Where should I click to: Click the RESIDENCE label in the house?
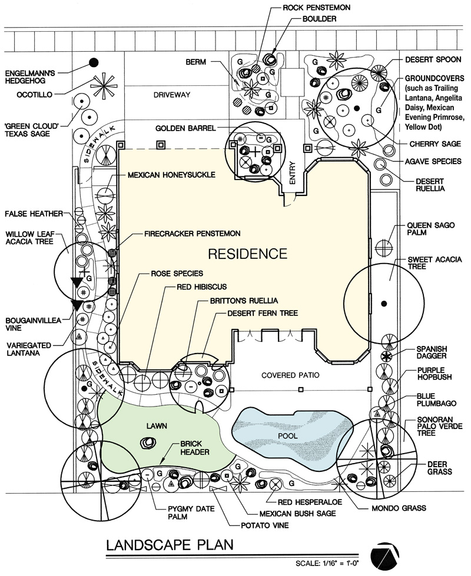(248, 254)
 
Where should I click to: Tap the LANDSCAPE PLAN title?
(170, 545)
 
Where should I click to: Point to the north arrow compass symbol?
(386, 552)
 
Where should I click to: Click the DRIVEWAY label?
(154, 94)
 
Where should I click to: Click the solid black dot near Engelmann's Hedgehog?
(93, 62)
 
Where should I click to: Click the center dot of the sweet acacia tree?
(384, 303)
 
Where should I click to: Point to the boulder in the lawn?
(145, 443)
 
